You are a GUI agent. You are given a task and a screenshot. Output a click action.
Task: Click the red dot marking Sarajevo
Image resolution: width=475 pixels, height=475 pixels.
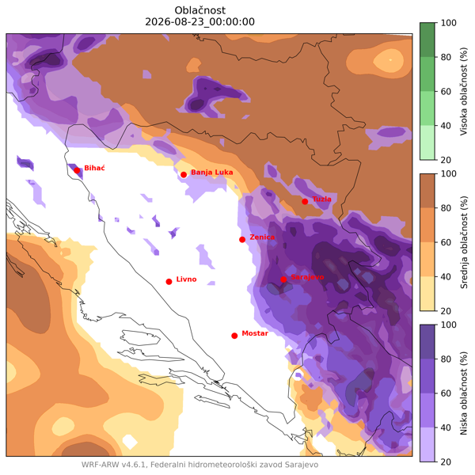coord(283,279)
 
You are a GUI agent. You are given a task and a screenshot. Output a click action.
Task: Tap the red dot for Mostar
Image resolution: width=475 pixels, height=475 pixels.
coord(234,336)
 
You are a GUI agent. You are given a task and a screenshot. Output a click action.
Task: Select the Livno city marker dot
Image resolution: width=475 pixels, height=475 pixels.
coord(169,282)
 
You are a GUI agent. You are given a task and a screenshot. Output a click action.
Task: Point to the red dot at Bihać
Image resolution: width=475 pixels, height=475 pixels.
coord(77,170)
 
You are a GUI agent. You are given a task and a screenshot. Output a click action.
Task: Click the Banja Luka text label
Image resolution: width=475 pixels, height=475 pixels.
coord(211,173)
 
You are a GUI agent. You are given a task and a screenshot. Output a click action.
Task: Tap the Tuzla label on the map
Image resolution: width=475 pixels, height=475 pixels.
coord(321,199)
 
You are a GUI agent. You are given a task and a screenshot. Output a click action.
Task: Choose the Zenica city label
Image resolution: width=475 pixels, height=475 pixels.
coord(262,237)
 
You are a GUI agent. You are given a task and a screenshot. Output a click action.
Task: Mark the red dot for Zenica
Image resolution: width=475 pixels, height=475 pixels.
coord(242,240)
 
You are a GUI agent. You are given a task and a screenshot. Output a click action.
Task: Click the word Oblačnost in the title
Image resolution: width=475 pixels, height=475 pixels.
coord(200,10)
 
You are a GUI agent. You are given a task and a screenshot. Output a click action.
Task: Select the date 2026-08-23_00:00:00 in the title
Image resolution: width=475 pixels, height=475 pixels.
coord(200,22)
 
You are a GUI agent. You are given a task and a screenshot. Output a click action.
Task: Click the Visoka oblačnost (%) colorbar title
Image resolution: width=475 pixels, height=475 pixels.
coord(463,91)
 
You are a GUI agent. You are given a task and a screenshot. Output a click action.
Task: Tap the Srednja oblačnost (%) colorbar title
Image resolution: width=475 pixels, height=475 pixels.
coord(463,242)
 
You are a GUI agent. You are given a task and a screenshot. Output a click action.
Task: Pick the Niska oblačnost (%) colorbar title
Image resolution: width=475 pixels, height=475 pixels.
coord(463,393)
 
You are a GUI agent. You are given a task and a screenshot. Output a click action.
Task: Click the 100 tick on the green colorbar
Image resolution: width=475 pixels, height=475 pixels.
coord(448,23)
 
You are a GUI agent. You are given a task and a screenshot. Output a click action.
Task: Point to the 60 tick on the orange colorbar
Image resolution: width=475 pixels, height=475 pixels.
coord(446,242)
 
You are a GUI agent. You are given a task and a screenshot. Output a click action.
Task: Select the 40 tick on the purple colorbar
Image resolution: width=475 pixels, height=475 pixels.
coord(446,427)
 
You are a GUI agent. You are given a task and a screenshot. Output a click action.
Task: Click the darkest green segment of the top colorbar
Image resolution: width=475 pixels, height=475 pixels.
coord(427,40)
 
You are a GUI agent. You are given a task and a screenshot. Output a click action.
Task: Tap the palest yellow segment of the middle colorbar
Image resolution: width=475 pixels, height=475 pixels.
coord(427,294)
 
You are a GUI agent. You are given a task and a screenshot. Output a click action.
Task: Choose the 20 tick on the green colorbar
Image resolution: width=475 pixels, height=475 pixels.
coord(446,160)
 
